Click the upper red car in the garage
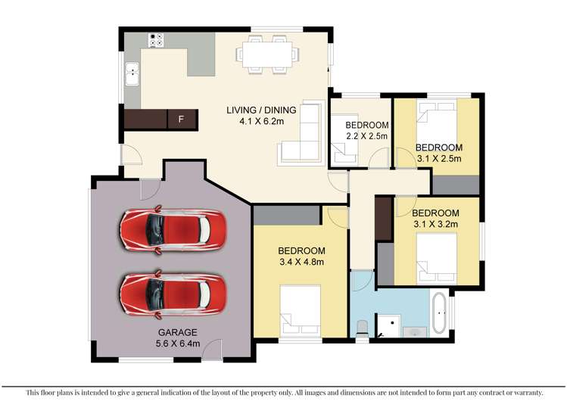pyautogui.click(x=173, y=228)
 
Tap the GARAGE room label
pyautogui.click(x=178, y=332)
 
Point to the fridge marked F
pyautogui.click(x=180, y=119)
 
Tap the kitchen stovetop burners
pyautogui.click(x=157, y=40)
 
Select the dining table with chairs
pyautogui.click(x=264, y=54)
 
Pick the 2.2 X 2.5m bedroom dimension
pyautogui.click(x=366, y=136)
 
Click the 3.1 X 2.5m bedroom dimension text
pyautogui.click(x=438, y=158)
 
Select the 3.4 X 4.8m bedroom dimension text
pyautogui.click(x=301, y=263)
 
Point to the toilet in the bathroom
pyautogui.click(x=363, y=326)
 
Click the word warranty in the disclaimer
pyautogui.click(x=523, y=391)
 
